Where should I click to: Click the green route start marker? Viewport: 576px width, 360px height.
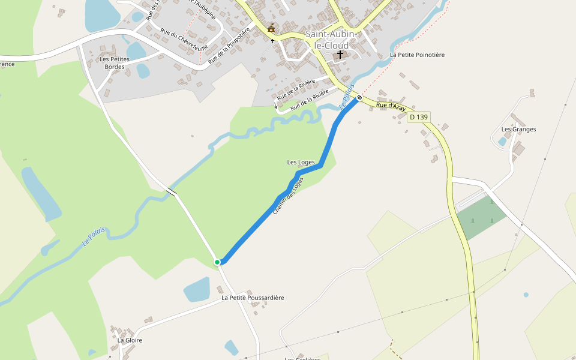[x=217, y=262]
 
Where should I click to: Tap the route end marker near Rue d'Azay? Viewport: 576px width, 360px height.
[x=359, y=97]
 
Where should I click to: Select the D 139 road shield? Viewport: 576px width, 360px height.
[x=419, y=118]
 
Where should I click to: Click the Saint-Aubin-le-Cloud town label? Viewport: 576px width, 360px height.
[x=331, y=40]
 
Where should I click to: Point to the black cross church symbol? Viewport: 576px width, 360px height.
[x=340, y=55]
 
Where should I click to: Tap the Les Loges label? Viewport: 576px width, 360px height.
[x=301, y=162]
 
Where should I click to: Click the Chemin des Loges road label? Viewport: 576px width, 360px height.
[x=289, y=196]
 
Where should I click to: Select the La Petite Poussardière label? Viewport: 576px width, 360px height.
[x=253, y=298]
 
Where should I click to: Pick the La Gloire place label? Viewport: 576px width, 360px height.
[x=130, y=340]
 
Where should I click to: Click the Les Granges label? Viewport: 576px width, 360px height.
[x=518, y=129]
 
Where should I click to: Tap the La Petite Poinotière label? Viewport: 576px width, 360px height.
[x=417, y=55]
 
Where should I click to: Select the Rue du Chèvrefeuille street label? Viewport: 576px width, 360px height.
[x=184, y=40]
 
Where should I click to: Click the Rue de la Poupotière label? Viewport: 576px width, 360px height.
[x=229, y=46]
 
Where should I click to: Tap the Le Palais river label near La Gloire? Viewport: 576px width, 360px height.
[x=94, y=238]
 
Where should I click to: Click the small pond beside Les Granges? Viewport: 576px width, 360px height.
[x=502, y=142]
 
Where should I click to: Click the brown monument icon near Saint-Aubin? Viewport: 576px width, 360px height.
[x=272, y=28]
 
